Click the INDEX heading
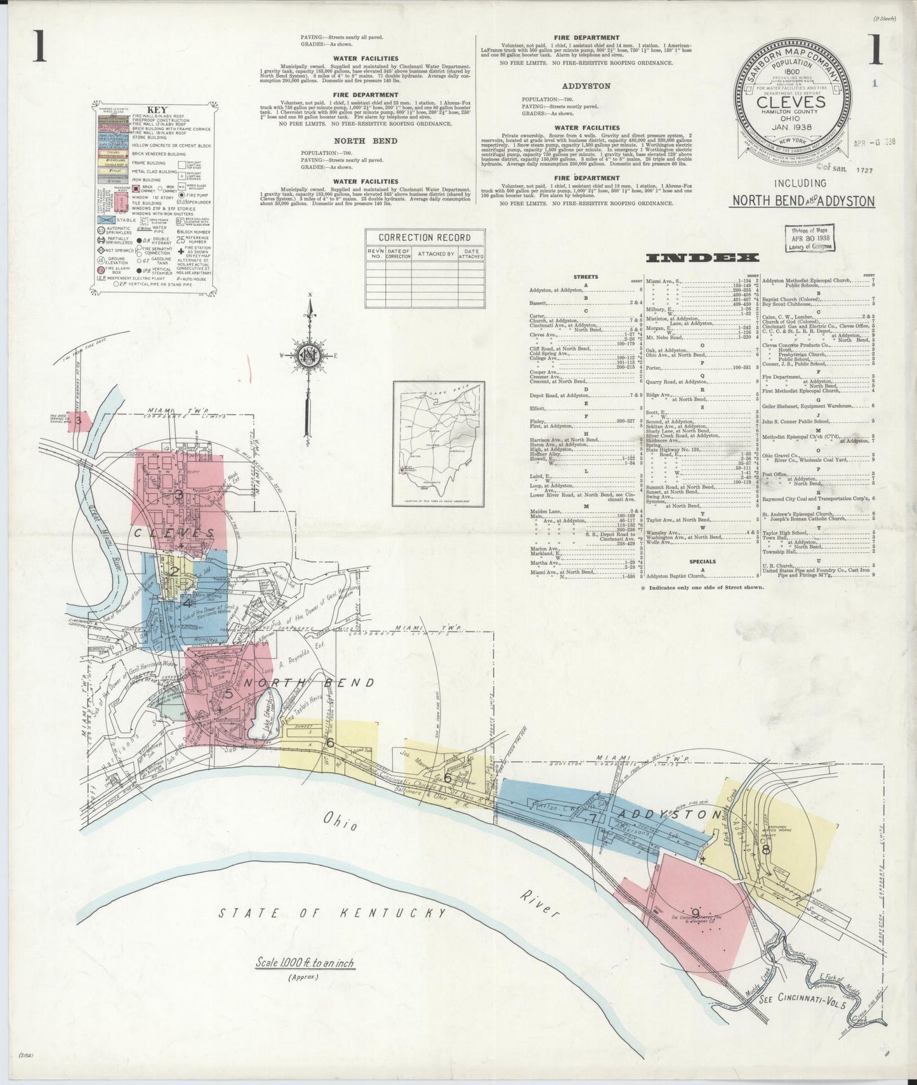point(703,258)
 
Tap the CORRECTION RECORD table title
point(425,237)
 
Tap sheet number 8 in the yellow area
point(766,850)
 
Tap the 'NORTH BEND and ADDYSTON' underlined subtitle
point(802,202)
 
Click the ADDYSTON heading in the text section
point(586,86)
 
